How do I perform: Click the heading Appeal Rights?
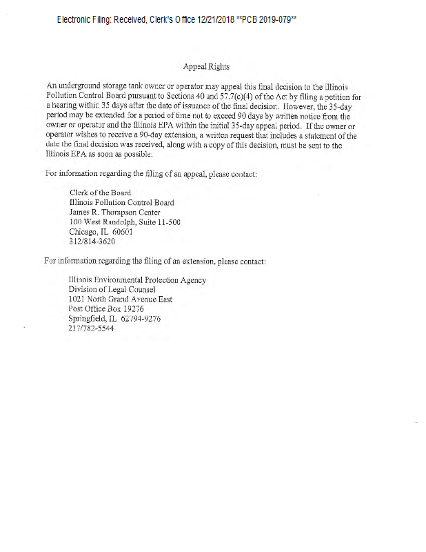206,67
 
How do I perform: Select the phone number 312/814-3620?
92,242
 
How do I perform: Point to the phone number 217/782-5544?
91,328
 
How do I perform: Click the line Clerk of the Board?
100,193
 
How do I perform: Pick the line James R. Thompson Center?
114,213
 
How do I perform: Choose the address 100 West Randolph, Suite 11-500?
125,223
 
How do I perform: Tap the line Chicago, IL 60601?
101,233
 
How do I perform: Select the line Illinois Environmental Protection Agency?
137,280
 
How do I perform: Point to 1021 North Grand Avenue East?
121,299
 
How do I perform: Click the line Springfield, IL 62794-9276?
114,319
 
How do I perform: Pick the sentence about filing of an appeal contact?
150,174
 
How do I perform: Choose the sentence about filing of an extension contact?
154,262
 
